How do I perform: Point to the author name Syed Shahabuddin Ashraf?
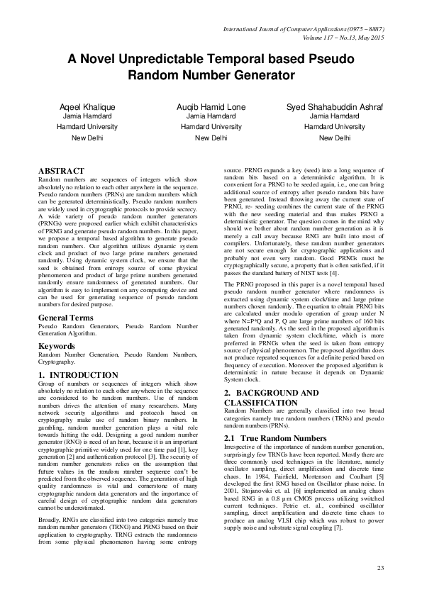point(335,106)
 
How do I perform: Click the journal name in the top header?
point(303,28)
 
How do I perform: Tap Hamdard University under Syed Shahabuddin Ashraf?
point(335,126)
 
